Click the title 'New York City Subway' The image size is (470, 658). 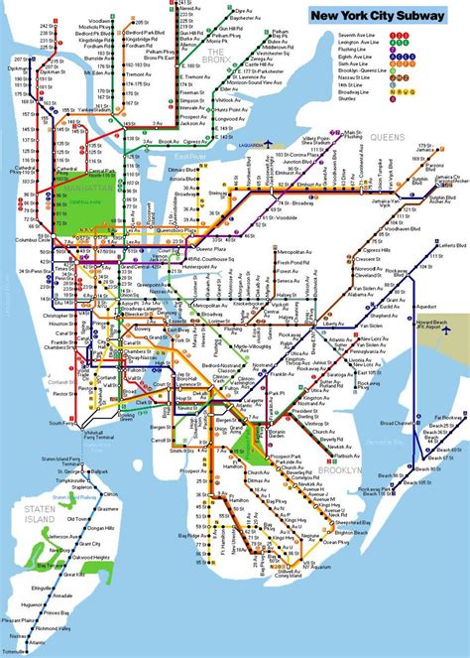click(x=382, y=17)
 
